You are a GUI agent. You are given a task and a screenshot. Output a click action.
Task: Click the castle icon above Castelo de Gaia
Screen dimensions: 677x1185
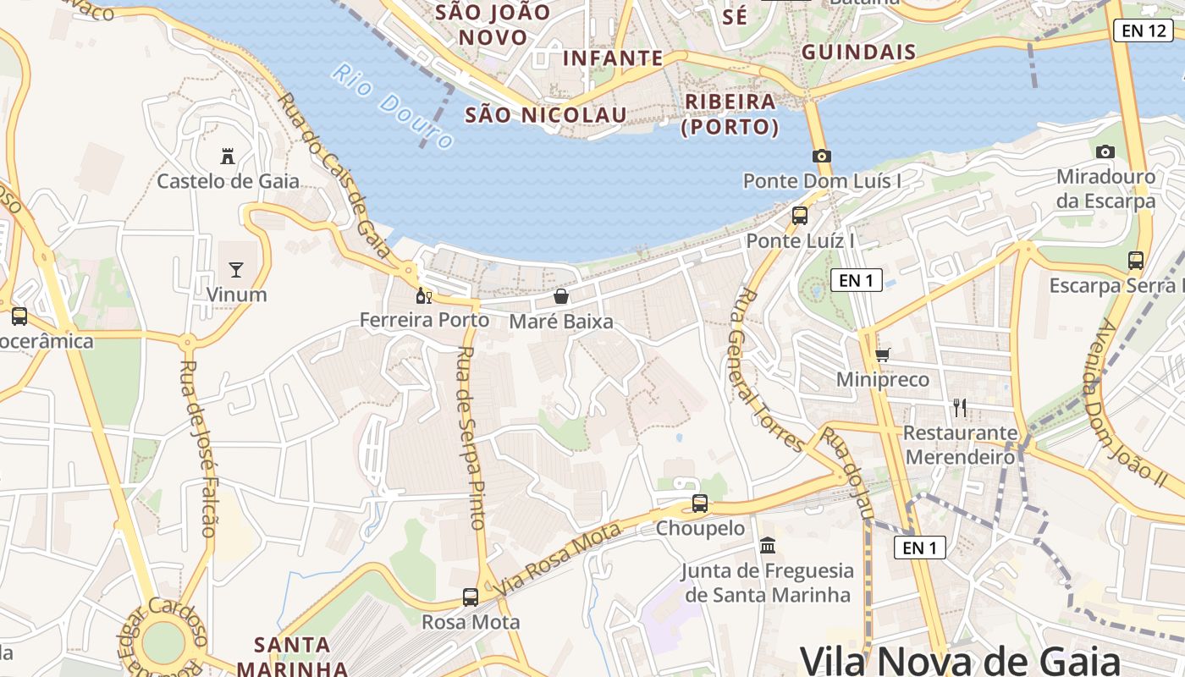(227, 157)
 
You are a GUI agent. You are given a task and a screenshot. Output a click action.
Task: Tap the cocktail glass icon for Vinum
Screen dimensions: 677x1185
(236, 270)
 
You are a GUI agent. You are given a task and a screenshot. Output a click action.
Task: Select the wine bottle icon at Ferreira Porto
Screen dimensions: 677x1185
(423, 296)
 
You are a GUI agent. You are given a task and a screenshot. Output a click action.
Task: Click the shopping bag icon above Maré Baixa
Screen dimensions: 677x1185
(560, 296)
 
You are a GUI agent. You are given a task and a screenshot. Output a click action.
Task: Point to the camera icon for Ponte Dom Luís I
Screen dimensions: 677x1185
(821, 156)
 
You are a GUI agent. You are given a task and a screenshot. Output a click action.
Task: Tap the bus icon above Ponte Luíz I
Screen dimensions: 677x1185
(800, 216)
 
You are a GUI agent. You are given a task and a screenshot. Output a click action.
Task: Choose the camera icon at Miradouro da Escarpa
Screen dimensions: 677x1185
(1105, 152)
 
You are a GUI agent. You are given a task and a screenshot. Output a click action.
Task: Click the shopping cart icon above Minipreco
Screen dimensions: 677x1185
(883, 355)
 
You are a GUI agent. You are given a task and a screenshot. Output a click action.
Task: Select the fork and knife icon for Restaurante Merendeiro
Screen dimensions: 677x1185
(960, 408)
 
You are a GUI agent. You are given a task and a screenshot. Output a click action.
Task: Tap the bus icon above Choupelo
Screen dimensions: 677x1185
(700, 504)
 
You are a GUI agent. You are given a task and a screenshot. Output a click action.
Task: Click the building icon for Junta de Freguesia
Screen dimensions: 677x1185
(768, 546)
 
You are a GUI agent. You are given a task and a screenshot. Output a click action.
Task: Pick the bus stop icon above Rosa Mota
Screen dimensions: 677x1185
(471, 597)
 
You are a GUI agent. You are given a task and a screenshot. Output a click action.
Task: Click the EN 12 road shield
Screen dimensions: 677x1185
(1143, 31)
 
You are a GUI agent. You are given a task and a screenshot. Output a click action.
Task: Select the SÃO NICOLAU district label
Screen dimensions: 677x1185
(547, 115)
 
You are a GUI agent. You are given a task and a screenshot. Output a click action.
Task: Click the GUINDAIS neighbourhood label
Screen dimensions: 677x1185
(858, 52)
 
